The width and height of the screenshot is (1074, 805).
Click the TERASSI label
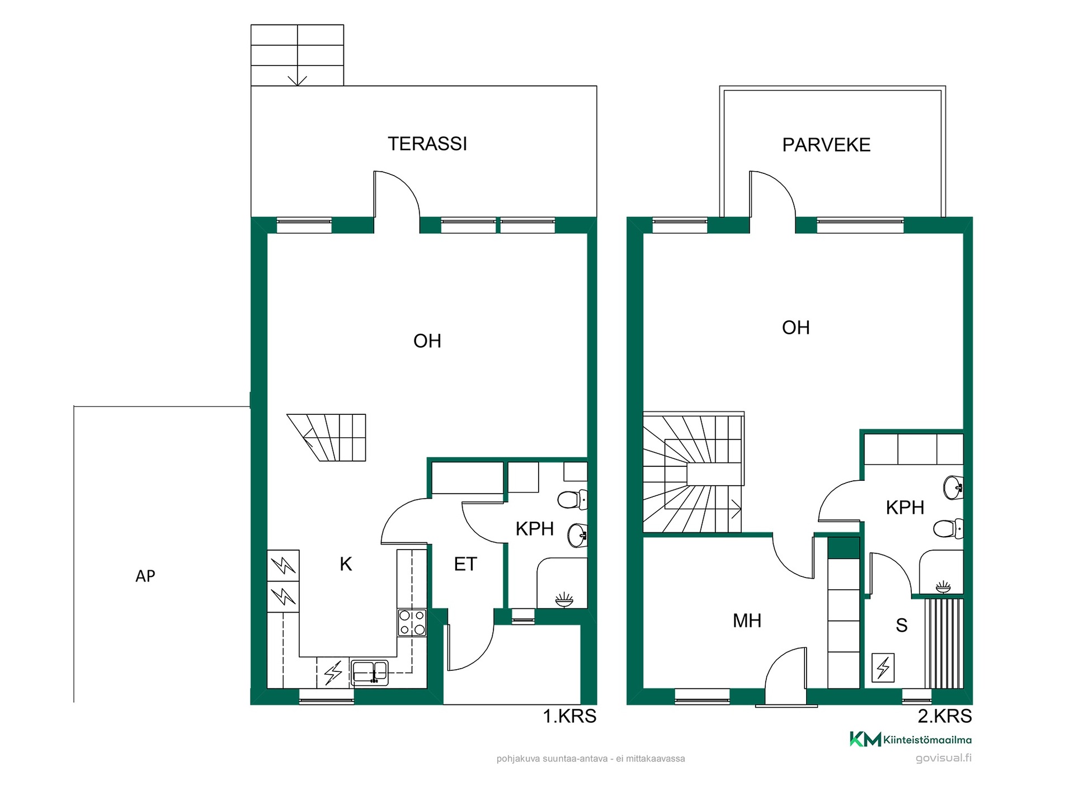point(427,144)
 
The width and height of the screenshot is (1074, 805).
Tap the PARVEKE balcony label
point(826,145)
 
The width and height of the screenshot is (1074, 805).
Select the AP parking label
point(145,576)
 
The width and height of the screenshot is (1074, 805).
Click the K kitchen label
point(346,564)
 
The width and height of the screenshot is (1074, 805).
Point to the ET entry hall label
point(465,564)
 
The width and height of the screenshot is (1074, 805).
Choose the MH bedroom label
point(747,621)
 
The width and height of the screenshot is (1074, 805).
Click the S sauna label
point(901,625)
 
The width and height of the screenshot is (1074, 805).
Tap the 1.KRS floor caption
point(569,716)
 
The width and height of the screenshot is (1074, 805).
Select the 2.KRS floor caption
point(945,716)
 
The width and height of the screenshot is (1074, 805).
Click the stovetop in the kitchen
point(412,623)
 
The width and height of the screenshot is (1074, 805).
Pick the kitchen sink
point(370,672)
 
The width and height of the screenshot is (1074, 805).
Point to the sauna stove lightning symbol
point(883,667)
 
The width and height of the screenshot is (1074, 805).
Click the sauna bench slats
point(944,643)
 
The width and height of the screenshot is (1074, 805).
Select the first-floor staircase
point(327,438)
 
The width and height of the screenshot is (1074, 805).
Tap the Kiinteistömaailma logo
point(911,740)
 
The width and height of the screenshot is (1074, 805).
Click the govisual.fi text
point(944,759)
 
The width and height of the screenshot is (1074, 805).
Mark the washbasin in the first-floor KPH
point(578,536)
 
